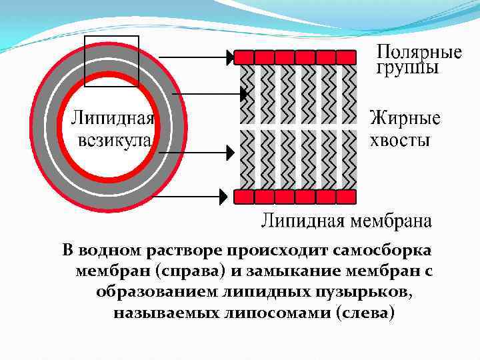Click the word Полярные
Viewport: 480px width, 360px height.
coord(419,52)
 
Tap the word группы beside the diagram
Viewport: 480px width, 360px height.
coord(407,68)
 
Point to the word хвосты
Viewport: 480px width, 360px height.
coord(399,141)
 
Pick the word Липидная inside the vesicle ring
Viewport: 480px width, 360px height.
coord(113,121)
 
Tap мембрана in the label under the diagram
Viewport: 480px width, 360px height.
coord(394,221)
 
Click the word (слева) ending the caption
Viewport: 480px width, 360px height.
coord(367,312)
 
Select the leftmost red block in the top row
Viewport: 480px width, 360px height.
coord(245,57)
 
